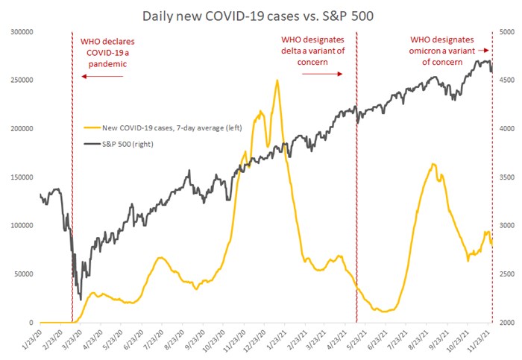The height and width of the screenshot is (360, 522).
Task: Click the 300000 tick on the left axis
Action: [x=23, y=32]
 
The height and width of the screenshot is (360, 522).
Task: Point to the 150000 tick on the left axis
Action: [x=23, y=177]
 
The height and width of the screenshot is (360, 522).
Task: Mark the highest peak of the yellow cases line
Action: [x=277, y=80]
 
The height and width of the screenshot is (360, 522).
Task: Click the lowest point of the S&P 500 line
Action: [x=80, y=299]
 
